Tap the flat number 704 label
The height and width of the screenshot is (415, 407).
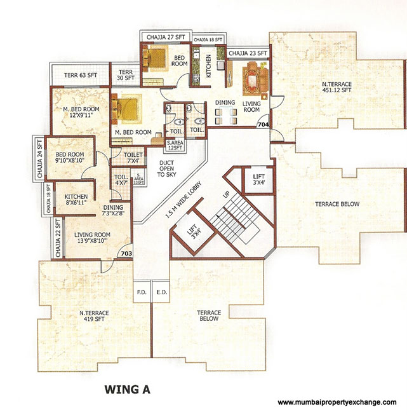point(263,126)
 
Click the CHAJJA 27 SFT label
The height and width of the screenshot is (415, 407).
point(164,37)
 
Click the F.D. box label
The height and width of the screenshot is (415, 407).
point(141,293)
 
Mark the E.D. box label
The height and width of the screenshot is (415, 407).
point(161,293)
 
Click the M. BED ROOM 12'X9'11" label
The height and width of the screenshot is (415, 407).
point(80,112)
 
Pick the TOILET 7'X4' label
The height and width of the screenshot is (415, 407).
point(133,158)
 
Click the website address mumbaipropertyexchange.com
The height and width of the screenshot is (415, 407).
point(337,402)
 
